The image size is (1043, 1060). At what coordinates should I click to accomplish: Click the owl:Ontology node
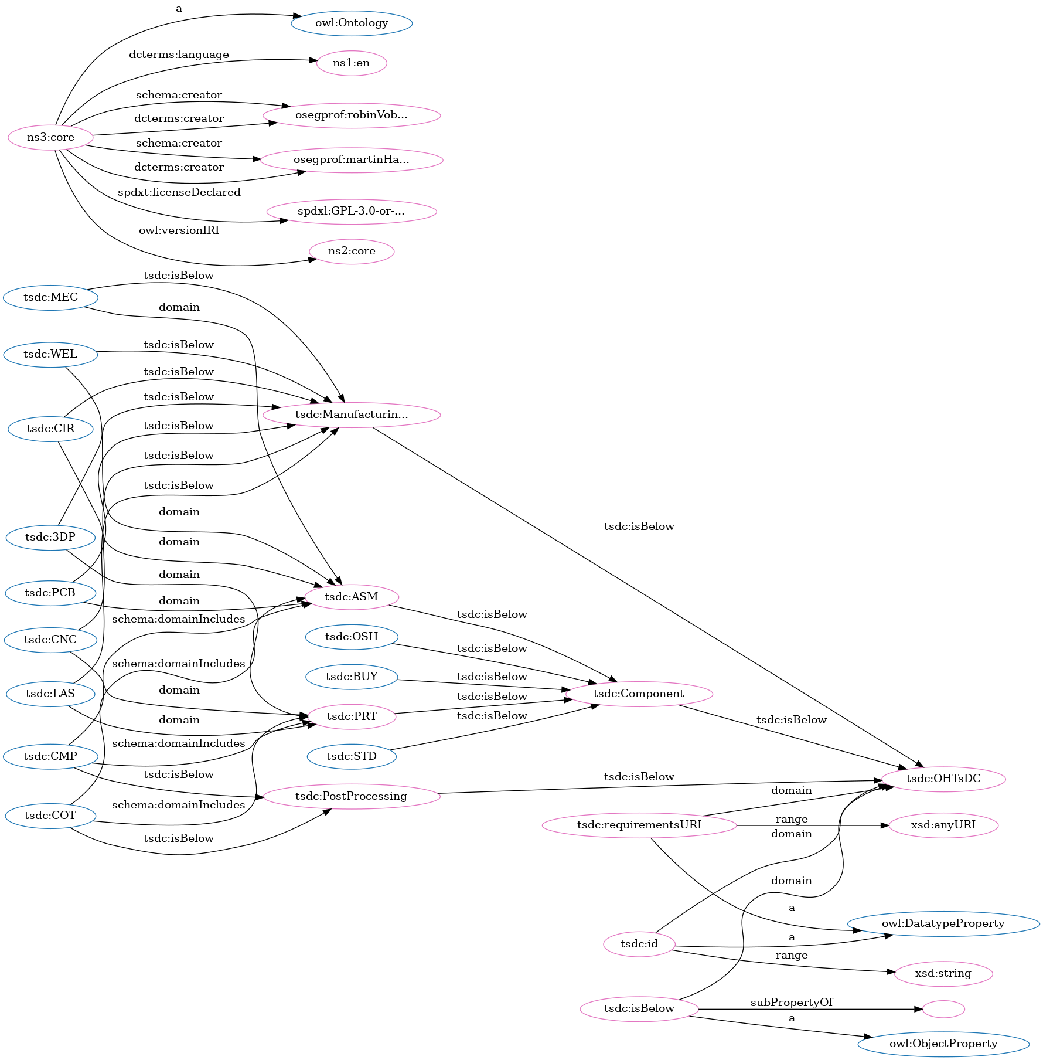point(352,23)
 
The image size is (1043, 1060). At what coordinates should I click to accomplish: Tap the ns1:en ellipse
point(352,63)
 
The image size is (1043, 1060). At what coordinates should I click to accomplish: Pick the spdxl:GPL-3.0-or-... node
point(352,212)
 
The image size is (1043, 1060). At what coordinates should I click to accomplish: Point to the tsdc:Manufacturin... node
point(352,415)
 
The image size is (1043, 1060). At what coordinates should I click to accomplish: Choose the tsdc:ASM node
point(352,597)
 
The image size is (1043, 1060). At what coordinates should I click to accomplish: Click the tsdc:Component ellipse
point(639,694)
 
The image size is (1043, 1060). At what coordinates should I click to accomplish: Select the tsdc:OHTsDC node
point(943,779)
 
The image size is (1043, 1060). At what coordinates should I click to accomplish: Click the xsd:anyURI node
point(943,825)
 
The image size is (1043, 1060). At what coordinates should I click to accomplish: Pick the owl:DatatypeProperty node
point(943,924)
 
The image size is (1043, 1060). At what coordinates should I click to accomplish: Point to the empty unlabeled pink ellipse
point(943,1010)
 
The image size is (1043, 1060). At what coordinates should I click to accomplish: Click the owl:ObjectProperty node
point(943,1044)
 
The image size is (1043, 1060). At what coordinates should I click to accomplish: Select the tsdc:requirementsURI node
point(639,825)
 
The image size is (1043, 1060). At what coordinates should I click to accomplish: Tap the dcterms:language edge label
point(179,55)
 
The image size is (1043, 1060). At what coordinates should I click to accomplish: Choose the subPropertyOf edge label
point(792,1003)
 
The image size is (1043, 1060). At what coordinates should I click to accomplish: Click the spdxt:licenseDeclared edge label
point(179,193)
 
